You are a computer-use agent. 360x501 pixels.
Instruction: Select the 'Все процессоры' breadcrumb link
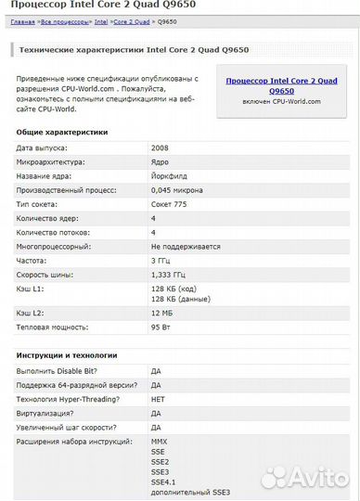click(64, 21)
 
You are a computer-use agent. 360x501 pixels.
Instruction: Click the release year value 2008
click(159, 148)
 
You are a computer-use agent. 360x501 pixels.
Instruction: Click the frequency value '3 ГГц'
click(161, 261)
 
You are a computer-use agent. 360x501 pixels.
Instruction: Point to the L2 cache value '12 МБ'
click(161, 314)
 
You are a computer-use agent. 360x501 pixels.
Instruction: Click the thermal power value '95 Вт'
click(160, 328)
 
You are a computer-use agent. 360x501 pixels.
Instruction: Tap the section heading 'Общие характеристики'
click(62, 133)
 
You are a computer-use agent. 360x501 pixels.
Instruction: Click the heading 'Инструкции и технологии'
click(67, 354)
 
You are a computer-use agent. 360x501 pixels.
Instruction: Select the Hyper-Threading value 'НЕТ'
click(158, 398)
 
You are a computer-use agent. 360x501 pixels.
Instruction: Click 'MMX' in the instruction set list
click(159, 442)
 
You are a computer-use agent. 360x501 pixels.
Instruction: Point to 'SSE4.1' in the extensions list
click(162, 482)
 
